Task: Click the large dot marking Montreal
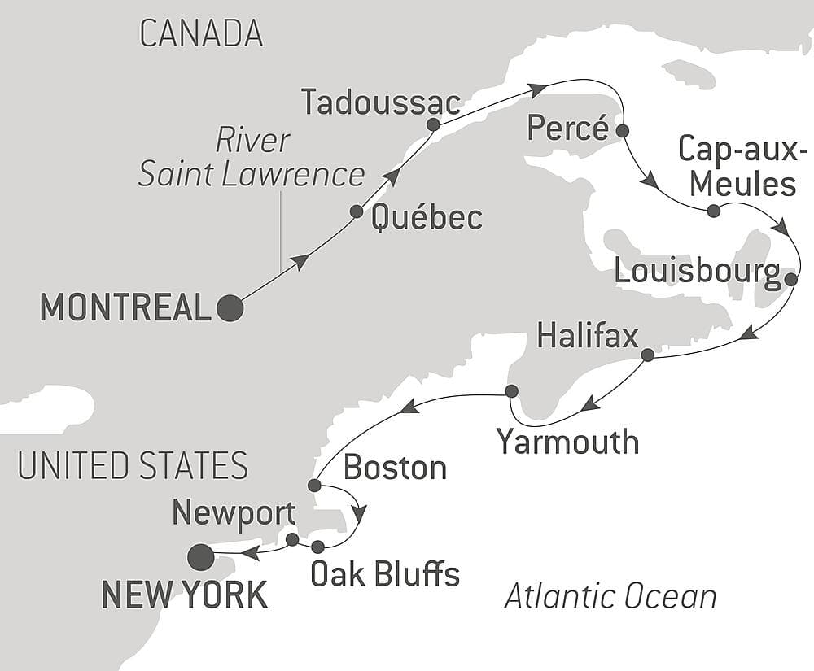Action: tap(230, 308)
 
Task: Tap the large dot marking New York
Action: tap(200, 557)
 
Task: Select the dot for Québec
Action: tap(357, 211)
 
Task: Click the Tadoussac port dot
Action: tap(433, 125)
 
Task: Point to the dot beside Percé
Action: tap(623, 130)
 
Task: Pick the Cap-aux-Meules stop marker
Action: tap(713, 211)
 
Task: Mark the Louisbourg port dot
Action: tap(790, 280)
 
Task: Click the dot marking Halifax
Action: tap(647, 355)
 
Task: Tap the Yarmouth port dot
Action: tap(511, 391)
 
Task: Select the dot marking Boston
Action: tap(314, 486)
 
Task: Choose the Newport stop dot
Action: tap(292, 539)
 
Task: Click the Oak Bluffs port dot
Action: tap(317, 547)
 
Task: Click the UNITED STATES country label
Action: tap(133, 466)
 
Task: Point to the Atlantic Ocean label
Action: tap(610, 597)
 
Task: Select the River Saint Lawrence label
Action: tap(252, 158)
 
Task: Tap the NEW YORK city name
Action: tap(184, 595)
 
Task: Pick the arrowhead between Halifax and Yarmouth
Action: tap(592, 402)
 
